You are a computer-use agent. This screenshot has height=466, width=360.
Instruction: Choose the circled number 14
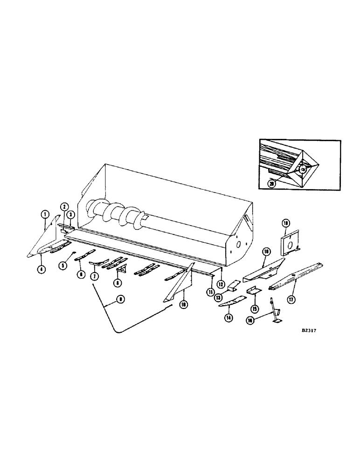tap(228, 318)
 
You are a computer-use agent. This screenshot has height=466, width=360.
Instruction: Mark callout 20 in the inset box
tap(273, 185)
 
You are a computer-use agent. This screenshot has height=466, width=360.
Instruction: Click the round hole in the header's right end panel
tap(238, 244)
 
